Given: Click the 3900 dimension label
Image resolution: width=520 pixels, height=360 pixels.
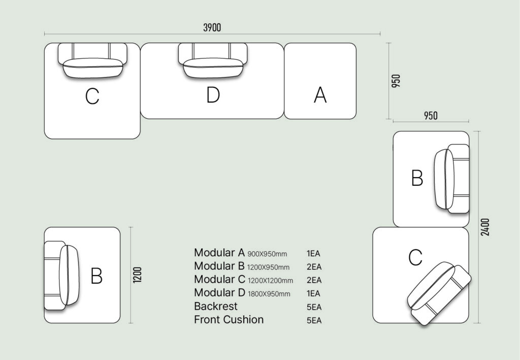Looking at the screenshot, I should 212,27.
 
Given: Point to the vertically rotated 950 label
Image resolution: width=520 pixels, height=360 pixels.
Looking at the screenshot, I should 397,81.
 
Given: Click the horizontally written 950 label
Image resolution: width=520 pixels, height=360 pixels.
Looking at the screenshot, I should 431,116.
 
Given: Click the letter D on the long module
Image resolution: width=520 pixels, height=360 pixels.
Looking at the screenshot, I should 213,95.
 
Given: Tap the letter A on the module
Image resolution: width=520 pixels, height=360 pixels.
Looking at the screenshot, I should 320,95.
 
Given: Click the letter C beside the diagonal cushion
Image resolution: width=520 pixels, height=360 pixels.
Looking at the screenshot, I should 415,258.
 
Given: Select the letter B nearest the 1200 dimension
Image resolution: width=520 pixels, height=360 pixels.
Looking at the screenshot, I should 96,276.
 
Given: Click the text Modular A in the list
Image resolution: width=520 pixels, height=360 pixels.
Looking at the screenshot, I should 219,252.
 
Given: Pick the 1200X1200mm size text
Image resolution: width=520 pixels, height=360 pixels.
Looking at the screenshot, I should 270,280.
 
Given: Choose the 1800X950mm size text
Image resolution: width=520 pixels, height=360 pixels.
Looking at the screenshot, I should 269,293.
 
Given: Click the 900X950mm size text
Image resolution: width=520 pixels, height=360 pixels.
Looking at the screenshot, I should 267,253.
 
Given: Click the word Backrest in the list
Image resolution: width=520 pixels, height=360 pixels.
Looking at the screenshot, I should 216,306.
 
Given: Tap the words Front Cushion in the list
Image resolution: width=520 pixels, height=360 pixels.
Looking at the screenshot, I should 229,319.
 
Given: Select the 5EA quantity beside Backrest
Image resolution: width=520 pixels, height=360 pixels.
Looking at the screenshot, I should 313,307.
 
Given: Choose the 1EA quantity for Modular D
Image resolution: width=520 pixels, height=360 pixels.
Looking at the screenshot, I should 313,293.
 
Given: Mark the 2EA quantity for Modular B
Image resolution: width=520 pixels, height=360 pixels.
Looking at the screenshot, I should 313,267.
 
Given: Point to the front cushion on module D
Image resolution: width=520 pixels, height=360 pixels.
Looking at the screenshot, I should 213,68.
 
